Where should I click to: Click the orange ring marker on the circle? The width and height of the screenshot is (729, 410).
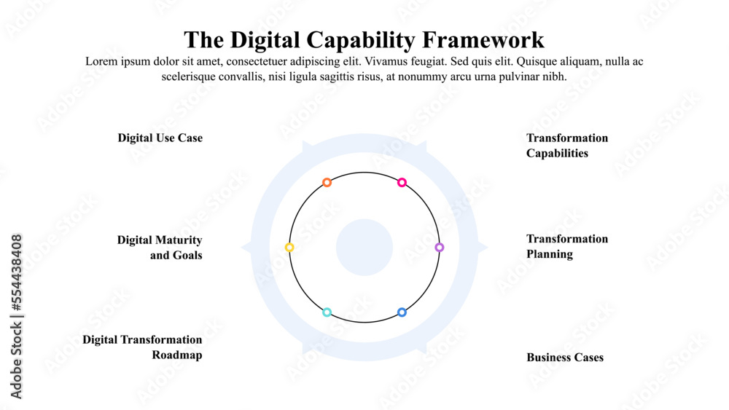tap(327, 182)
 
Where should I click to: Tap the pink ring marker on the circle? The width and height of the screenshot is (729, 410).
tap(402, 182)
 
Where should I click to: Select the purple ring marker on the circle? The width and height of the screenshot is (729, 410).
tap(439, 248)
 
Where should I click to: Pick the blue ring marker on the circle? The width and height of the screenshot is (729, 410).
tap(402, 312)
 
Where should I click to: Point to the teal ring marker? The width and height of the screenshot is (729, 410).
tap(327, 312)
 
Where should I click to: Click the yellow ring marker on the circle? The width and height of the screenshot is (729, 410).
tap(289, 248)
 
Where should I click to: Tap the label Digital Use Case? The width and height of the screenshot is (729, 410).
tap(160, 138)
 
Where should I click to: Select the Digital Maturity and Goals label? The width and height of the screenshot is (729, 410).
tap(160, 247)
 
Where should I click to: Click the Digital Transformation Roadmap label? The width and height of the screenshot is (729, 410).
tap(142, 347)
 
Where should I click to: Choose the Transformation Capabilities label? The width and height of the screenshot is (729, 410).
tap(566, 146)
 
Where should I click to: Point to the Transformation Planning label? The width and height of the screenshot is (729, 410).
tap(566, 246)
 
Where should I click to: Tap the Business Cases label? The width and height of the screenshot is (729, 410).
tap(565, 358)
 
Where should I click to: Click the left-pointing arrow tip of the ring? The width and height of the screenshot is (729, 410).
tap(244, 248)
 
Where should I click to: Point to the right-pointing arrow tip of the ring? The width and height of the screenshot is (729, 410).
tap(484, 248)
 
